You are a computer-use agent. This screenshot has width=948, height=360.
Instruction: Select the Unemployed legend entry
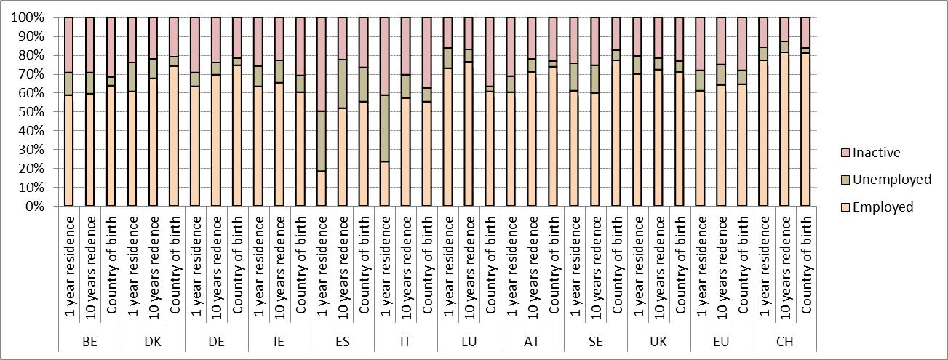[891, 180]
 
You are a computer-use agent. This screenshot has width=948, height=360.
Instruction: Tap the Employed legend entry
[882, 207]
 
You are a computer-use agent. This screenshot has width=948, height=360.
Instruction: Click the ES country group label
[343, 342]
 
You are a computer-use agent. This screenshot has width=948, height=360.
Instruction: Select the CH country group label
[784, 342]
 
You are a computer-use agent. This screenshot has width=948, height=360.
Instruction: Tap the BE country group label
[89, 342]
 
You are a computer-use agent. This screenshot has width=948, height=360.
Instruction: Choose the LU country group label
[469, 342]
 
